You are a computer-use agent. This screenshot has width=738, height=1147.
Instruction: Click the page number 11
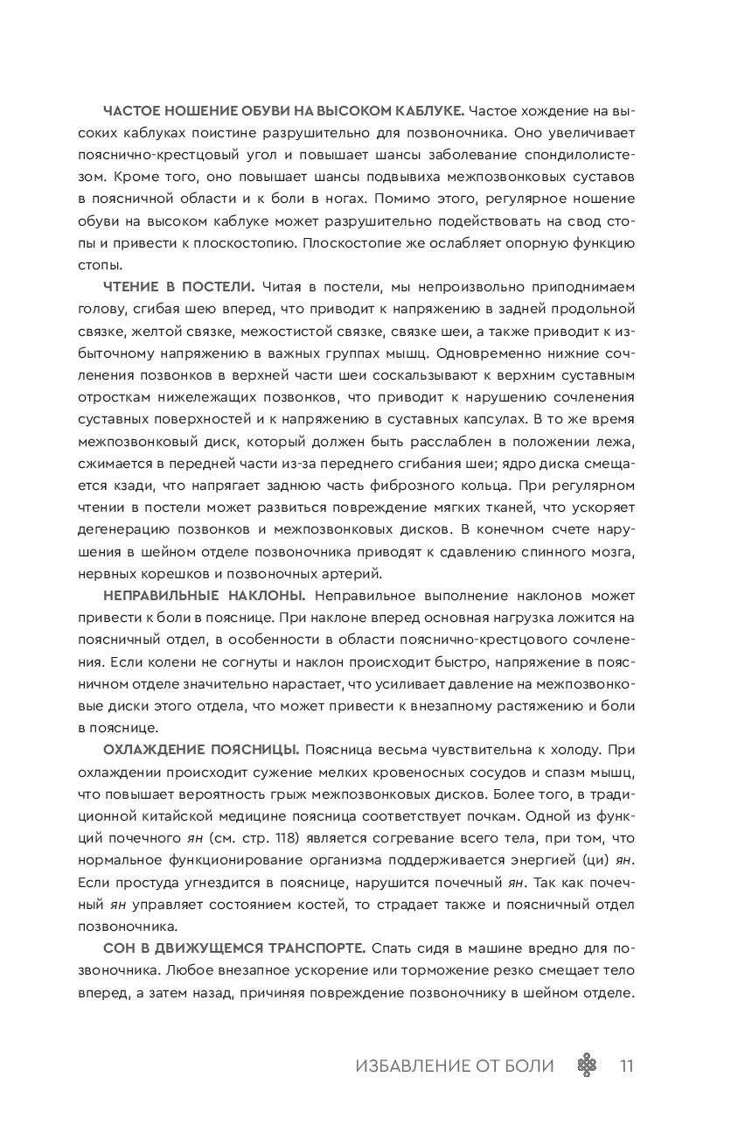coord(625,1066)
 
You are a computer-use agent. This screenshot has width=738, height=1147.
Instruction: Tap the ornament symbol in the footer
coord(588,1066)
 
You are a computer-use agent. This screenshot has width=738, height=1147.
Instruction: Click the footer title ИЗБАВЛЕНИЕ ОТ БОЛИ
coord(455,1066)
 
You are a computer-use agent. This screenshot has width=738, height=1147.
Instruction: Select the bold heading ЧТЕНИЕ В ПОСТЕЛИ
coord(178,286)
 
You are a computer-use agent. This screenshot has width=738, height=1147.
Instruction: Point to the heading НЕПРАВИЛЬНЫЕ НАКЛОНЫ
coord(204,596)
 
